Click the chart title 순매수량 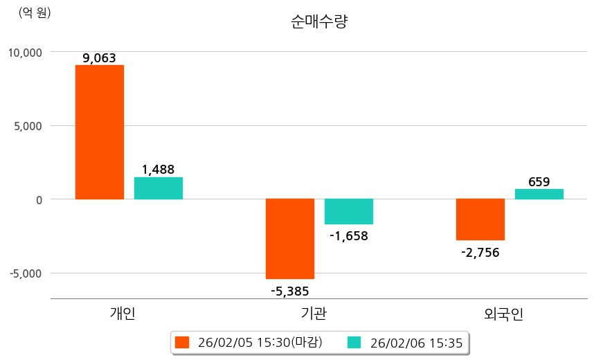pos(319,21)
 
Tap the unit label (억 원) pos(35,12)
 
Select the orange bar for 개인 pos(100,132)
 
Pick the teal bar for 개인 pos(159,188)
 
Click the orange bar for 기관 pos(290,239)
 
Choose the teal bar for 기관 pos(349,212)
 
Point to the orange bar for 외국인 pos(480,219)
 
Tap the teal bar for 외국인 pos(539,195)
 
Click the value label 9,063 pos(99,58)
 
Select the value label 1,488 pos(158,170)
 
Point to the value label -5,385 pos(289,291)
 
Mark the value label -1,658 pos(348,236)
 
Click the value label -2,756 pos(480,252)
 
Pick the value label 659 pos(539,182)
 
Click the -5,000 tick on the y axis pos(26,273)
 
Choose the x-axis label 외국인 pos(504,314)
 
